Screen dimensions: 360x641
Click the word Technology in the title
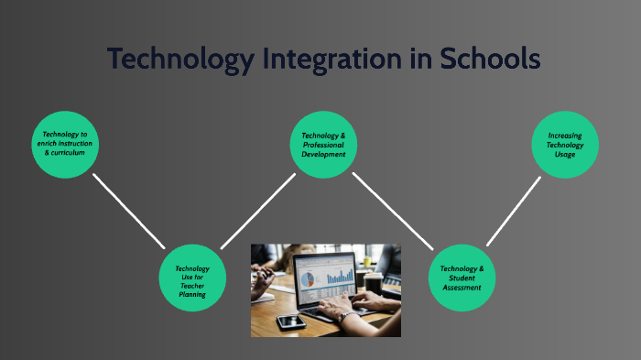[179, 59]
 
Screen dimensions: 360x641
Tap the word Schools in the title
[483, 59]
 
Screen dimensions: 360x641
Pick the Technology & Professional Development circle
[323, 144]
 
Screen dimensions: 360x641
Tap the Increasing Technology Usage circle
[565, 144]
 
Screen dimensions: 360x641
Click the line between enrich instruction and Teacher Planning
[127, 211]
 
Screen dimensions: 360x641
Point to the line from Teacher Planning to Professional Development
[257, 212]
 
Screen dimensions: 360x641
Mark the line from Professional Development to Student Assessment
[390, 211]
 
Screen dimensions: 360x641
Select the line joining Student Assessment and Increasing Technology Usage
[513, 211]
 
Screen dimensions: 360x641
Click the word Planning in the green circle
[191, 295]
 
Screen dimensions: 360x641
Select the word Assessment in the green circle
[455, 287]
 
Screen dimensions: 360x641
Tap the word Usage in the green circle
[565, 154]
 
